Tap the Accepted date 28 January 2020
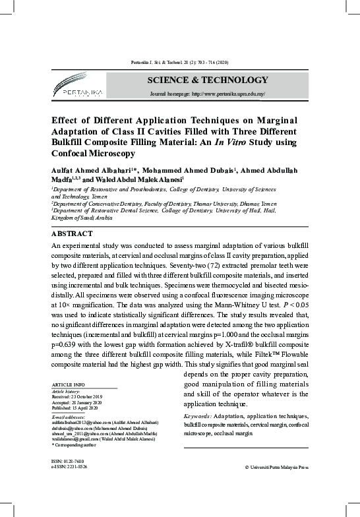(x=78, y=401)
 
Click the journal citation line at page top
(x=179, y=61)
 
